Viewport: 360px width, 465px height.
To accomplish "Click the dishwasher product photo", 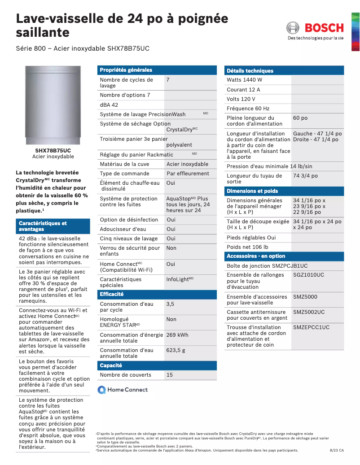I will pos(53,105).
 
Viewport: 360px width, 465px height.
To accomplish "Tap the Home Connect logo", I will pos(123,390).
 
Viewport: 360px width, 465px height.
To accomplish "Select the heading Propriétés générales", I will pos(126,70).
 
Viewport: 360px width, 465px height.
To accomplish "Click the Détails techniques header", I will pos(250,71).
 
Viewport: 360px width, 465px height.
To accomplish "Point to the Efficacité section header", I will pos(111,294).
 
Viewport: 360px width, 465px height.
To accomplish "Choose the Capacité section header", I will pos(111,365).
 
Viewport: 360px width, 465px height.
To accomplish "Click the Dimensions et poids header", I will pos(252,191).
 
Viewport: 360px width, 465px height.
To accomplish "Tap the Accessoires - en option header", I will pos(256,256).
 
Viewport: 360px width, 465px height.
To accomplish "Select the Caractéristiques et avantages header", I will pos(43,226).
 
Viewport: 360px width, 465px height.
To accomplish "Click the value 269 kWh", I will pos(177,335).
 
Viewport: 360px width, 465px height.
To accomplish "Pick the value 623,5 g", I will pos(176,350).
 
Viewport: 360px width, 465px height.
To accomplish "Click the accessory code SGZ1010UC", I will pos(308,275).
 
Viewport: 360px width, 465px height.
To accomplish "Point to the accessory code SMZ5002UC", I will pos(309,312).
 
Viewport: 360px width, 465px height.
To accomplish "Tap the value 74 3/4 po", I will pos(305,176).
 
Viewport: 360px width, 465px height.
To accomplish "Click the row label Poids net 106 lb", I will pos(247,247).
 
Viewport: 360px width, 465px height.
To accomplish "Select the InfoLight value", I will pos(180,279).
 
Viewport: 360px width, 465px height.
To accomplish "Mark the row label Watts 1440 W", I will pos(245,80).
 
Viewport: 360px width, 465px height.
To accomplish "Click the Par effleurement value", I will pos(188,174).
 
